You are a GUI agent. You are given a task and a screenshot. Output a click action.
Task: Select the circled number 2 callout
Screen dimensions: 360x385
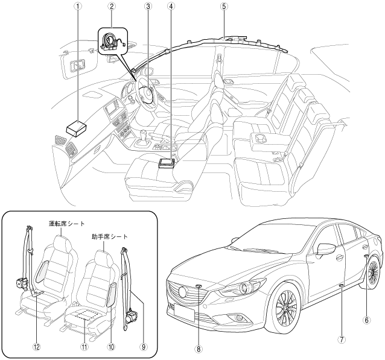tap(112, 7)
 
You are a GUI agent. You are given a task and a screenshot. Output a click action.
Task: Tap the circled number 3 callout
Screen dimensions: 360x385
tap(147, 7)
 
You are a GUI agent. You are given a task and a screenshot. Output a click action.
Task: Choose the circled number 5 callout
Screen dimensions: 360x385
tap(224, 7)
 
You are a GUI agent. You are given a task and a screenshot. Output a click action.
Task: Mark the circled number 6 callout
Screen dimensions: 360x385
tap(366, 320)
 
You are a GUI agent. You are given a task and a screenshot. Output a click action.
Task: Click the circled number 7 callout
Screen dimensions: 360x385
tap(342, 339)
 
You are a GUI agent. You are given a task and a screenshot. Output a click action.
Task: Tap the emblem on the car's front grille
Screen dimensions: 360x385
tap(181, 291)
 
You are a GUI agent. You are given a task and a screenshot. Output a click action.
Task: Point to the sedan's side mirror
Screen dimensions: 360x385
tap(325, 249)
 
